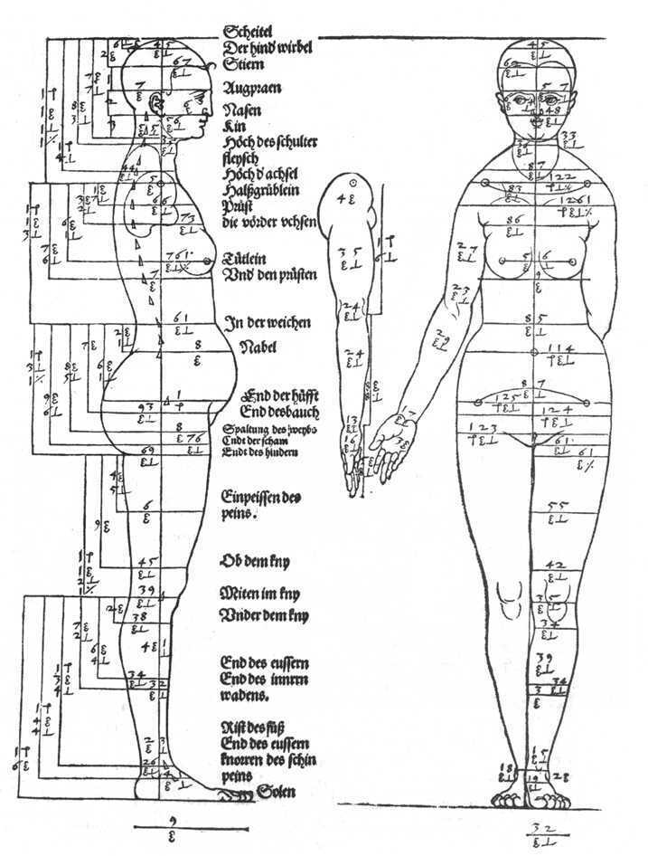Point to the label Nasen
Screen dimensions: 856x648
[241, 110]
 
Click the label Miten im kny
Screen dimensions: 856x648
[260, 594]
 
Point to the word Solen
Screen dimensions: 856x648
[277, 793]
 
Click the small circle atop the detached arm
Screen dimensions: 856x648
[353, 182]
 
